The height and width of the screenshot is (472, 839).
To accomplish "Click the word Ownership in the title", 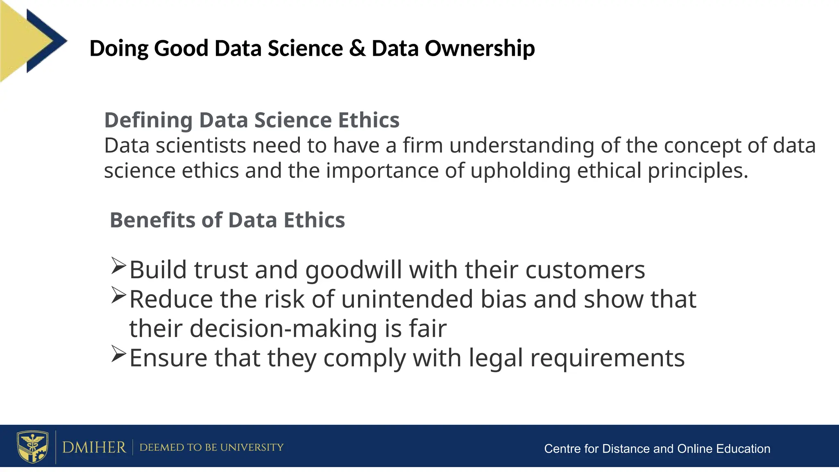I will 479,48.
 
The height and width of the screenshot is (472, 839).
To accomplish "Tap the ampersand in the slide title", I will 357,48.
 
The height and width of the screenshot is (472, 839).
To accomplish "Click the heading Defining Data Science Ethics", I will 252,120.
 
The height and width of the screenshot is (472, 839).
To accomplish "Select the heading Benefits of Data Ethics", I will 227,220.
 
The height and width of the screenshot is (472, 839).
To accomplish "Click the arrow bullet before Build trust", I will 118,266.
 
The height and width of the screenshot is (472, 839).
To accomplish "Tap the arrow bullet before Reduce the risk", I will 118,295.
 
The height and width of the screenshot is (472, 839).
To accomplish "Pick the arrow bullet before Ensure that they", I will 118,354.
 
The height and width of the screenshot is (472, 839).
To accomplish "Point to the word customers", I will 585,270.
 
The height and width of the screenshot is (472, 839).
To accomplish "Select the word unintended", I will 407,299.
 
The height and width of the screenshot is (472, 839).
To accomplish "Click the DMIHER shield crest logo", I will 32,446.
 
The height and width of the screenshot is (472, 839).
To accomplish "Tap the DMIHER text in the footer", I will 94,447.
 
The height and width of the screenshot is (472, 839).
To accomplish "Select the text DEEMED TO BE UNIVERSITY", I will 211,447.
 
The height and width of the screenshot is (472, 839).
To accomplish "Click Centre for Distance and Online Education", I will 657,449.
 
